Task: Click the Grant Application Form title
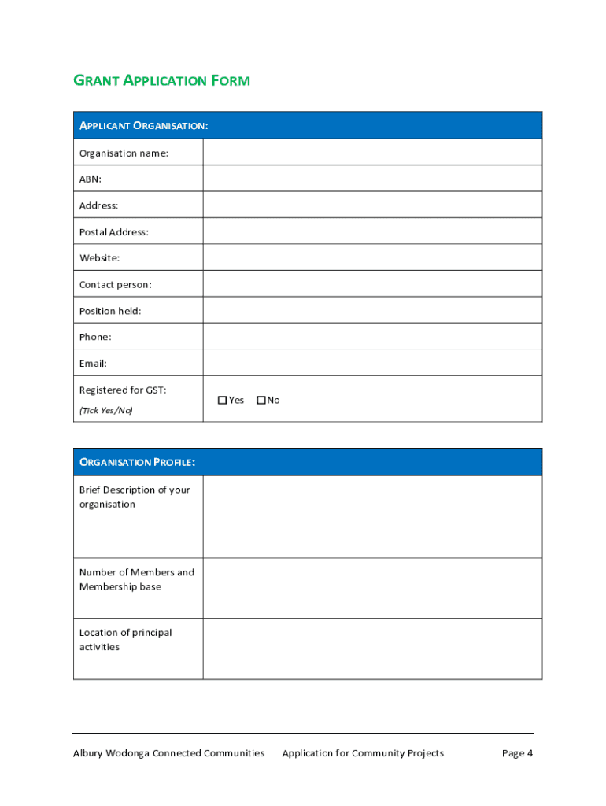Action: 161,80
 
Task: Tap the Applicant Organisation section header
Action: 143,126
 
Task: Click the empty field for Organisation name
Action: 372,153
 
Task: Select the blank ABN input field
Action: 372,179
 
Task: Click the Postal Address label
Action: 114,231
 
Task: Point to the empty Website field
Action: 372,257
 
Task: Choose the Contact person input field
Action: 372,284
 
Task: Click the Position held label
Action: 110,311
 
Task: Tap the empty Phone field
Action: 372,337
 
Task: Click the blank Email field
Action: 372,363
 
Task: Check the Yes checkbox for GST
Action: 223,401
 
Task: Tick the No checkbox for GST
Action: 261,401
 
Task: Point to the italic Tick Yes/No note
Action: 106,410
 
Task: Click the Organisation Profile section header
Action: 137,462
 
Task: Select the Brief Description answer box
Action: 372,516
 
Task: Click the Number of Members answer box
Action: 372,588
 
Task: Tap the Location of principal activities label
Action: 125,640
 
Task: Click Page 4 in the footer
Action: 517,753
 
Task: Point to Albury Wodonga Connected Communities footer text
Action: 168,753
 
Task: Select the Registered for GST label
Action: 123,390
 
